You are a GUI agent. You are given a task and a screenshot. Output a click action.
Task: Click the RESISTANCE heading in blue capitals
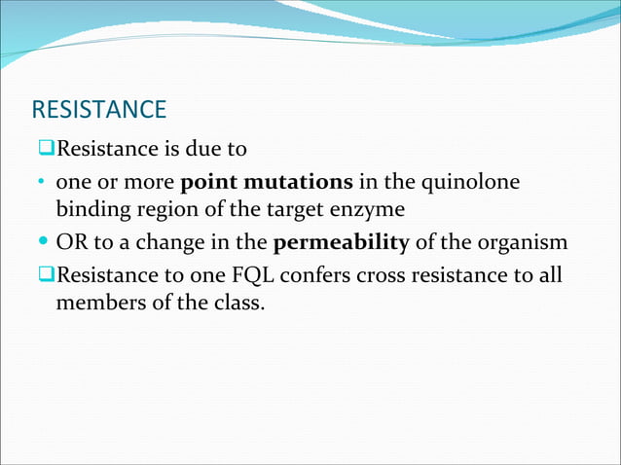pos(98,109)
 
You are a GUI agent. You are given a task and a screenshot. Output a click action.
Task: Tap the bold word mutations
pos(298,183)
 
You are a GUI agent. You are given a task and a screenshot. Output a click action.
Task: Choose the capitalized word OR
pos(71,243)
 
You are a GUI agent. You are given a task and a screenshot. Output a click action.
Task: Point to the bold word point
pos(208,183)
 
